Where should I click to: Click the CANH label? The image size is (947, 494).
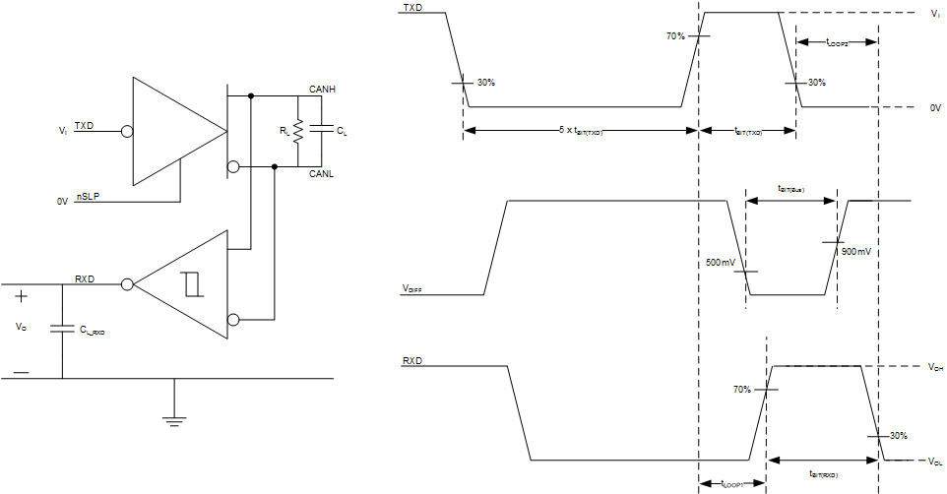pyautogui.click(x=323, y=90)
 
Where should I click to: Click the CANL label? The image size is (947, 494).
pyautogui.click(x=323, y=174)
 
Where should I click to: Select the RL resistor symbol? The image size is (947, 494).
pyautogui.click(x=296, y=131)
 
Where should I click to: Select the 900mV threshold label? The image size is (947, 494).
pyautogui.click(x=856, y=251)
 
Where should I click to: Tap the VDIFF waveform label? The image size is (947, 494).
pyautogui.click(x=413, y=288)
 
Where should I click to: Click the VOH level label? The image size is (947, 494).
pyautogui.click(x=934, y=368)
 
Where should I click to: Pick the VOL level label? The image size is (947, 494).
pyautogui.click(x=934, y=461)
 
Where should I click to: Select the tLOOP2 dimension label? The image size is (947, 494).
pyautogui.click(x=836, y=43)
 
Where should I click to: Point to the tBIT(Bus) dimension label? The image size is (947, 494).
pyautogui.click(x=790, y=189)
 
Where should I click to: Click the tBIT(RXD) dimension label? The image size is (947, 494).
pyautogui.click(x=823, y=473)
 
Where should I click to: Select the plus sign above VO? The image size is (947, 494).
pyautogui.click(x=21, y=295)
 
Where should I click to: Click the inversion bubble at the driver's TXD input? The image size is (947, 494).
pyautogui.click(x=125, y=130)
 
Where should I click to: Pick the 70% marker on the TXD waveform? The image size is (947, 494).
pyautogui.click(x=675, y=36)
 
